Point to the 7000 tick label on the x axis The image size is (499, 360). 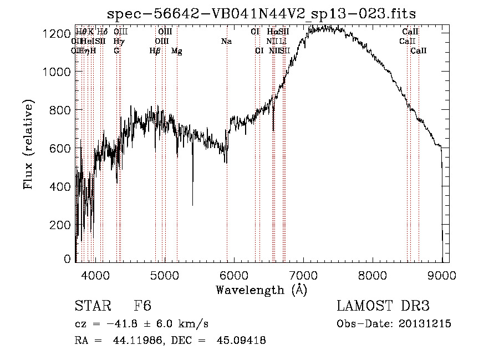[x=303, y=275]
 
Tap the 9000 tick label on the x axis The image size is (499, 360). [x=442, y=275]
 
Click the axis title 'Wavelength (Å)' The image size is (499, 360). [x=261, y=290]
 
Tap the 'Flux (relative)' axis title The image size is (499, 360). [x=29, y=144]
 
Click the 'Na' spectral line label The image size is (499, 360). [x=226, y=41]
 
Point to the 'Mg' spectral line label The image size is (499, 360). [x=176, y=51]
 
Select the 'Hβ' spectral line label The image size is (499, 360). [x=155, y=51]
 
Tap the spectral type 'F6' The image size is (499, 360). [x=142, y=307]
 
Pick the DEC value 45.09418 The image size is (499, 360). [x=241, y=341]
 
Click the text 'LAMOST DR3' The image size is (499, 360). [x=383, y=307]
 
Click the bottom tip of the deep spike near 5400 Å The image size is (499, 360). [x=193, y=205]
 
